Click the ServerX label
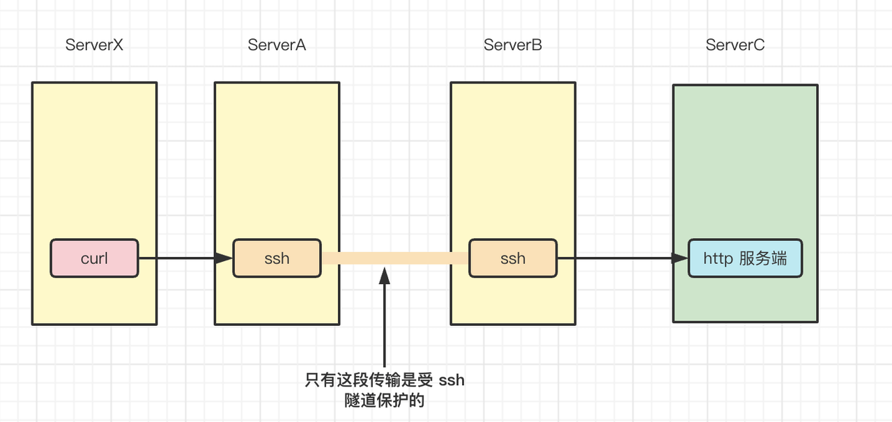pyautogui.click(x=94, y=45)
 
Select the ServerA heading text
pyautogui.click(x=277, y=45)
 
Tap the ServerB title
pyautogui.click(x=513, y=45)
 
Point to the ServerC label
pyautogui.click(x=735, y=45)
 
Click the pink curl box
pyautogui.click(x=94, y=258)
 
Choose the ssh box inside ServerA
pyautogui.click(x=277, y=258)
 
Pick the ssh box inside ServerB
pyautogui.click(x=513, y=258)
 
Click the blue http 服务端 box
pyautogui.click(x=745, y=258)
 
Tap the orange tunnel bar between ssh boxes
pyautogui.click(x=394, y=258)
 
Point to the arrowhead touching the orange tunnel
pyautogui.click(x=384, y=276)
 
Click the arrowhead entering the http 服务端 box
pyautogui.click(x=680, y=258)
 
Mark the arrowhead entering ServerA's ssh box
pyautogui.click(x=224, y=258)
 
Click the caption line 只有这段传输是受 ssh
pyautogui.click(x=384, y=380)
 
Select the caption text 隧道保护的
pyautogui.click(x=384, y=401)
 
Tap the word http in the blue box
pyautogui.click(x=718, y=258)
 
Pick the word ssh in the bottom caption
pyautogui.click(x=452, y=380)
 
